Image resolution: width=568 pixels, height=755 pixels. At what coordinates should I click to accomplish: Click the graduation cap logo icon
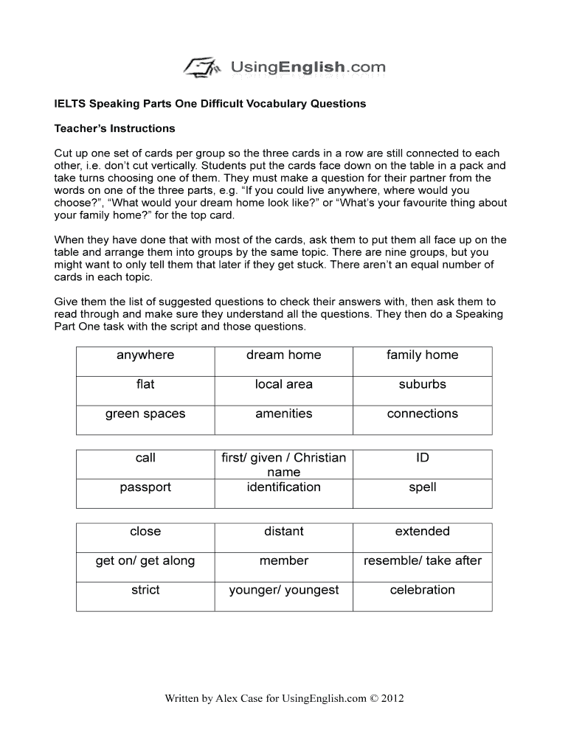tap(201, 67)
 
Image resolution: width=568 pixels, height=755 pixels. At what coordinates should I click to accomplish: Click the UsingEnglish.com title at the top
tap(308, 68)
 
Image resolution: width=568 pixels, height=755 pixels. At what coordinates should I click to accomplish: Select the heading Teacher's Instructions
tap(114, 128)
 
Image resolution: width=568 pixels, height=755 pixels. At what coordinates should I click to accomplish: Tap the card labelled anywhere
tap(145, 355)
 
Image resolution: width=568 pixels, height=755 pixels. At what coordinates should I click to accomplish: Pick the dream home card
tap(284, 355)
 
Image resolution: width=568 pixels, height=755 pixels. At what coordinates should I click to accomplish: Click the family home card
tap(422, 355)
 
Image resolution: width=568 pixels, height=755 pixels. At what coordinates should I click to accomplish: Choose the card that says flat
tap(145, 385)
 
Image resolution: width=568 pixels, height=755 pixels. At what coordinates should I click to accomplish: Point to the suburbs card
tap(422, 385)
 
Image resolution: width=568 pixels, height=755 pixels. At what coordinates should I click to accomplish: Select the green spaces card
tap(145, 414)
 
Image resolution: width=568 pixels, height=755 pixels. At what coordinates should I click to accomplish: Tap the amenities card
tap(284, 414)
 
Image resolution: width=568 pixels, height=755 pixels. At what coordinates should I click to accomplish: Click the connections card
tap(422, 414)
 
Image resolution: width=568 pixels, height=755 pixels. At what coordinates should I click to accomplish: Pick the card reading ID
tap(422, 458)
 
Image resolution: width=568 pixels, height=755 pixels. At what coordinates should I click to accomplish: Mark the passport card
tap(145, 487)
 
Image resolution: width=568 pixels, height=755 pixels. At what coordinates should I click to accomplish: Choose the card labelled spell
tap(422, 487)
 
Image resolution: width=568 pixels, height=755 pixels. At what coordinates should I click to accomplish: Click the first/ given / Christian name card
tap(284, 465)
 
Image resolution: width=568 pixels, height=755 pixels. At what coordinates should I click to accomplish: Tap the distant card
tap(284, 532)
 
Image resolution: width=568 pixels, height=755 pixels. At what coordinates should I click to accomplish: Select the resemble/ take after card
tap(422, 561)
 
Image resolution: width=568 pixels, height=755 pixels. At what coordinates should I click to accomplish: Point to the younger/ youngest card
tap(284, 591)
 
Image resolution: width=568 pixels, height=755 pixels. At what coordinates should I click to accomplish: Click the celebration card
tap(422, 591)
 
